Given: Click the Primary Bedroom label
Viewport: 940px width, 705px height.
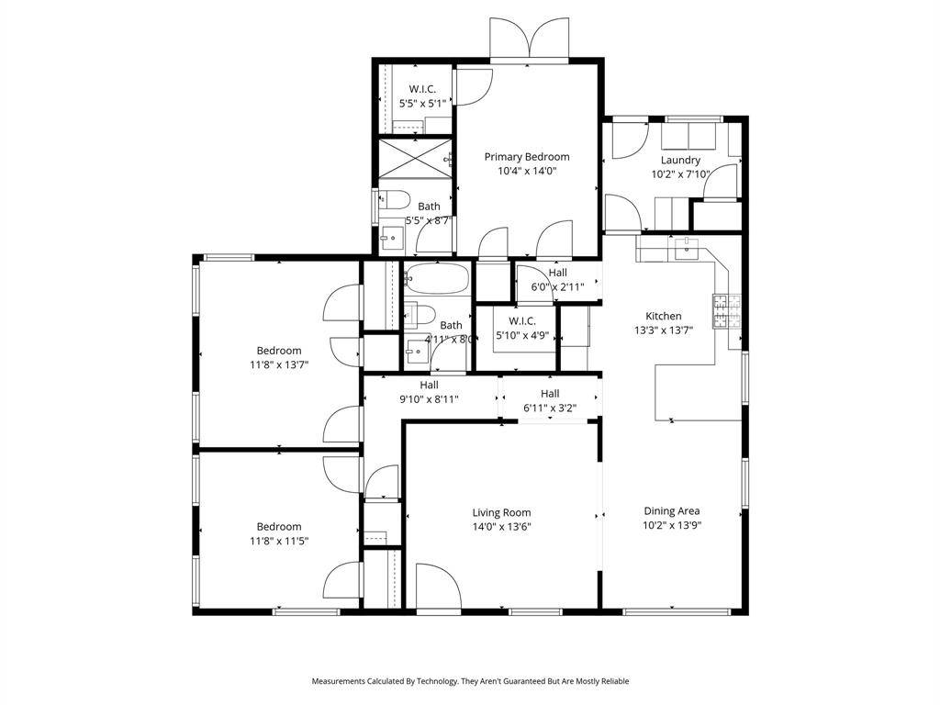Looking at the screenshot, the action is tap(527, 157).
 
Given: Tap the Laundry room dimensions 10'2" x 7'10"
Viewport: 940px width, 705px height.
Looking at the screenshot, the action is tap(680, 174).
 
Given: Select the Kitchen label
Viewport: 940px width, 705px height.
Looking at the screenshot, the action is tap(664, 316).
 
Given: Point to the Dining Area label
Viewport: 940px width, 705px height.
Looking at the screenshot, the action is tap(672, 511).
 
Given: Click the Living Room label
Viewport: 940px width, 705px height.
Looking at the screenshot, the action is tap(502, 512).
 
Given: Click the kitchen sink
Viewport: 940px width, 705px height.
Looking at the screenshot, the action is tap(686, 248).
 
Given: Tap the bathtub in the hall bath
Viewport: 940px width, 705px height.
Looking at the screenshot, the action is tap(436, 279).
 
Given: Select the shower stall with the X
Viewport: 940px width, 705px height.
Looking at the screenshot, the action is tap(415, 158).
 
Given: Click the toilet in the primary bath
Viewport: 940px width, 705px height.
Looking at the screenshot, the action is tap(395, 198).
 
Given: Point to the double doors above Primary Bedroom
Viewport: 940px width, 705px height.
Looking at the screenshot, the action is tap(529, 38).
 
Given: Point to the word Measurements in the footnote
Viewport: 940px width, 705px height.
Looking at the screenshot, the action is tap(338, 681).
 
